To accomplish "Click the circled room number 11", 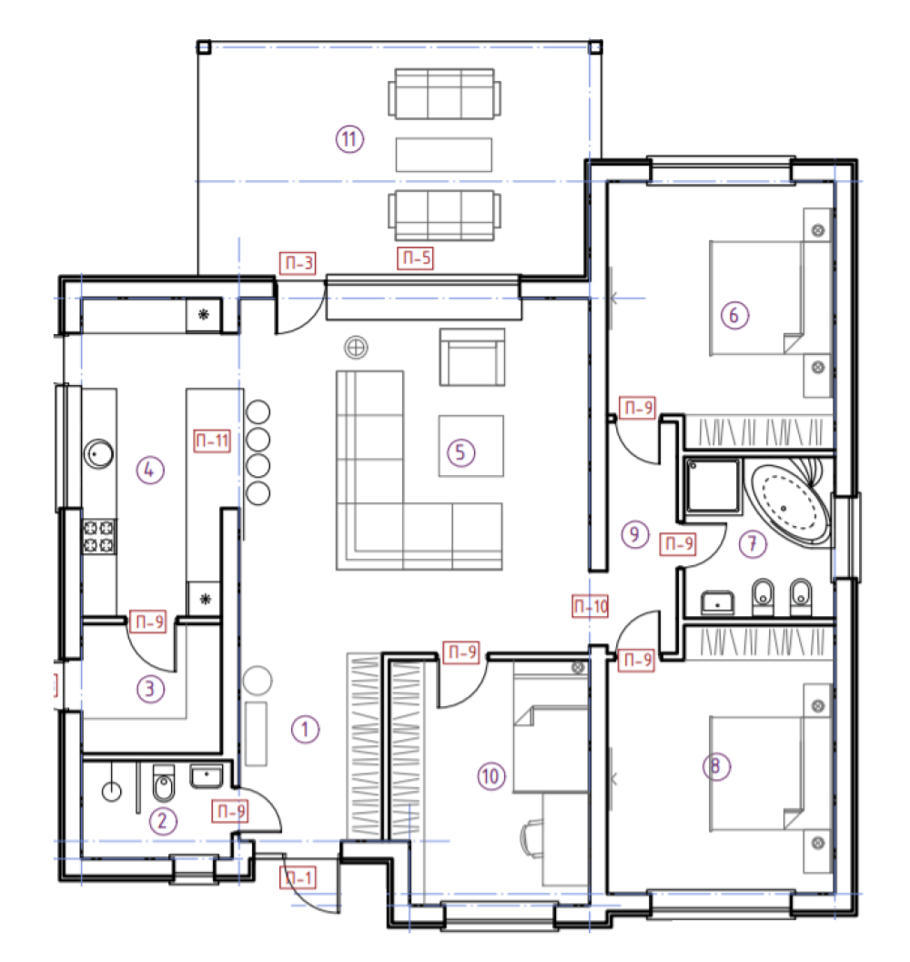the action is tap(349, 138).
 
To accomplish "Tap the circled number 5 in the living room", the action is tap(460, 452).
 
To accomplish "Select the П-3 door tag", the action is tap(298, 263).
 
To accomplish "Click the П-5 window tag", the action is tap(416, 258).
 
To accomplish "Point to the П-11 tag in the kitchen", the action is tap(212, 440).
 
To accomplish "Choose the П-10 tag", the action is tap(591, 606).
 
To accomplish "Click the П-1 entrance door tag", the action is tap(298, 878).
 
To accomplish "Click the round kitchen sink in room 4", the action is tap(98, 454).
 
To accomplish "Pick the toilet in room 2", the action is tap(163, 785).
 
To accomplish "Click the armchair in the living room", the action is tap(472, 357).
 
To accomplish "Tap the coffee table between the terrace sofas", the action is tap(444, 155).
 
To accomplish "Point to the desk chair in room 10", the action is tap(532, 838).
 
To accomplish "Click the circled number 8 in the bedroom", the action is tap(716, 766).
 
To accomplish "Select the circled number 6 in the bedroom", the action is tap(734, 315).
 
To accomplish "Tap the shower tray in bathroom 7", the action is tap(713, 485).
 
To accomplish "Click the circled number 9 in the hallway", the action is tap(634, 533).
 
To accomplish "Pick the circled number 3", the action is tap(150, 688).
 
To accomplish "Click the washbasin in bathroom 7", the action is tap(717, 603).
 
